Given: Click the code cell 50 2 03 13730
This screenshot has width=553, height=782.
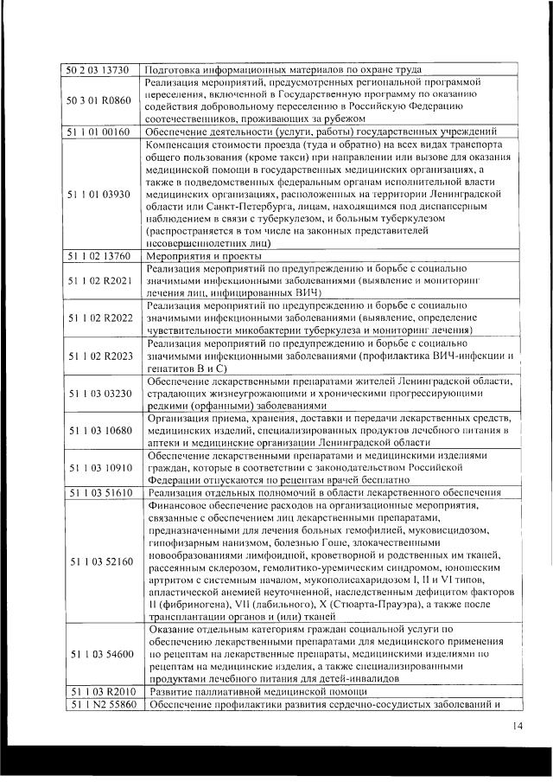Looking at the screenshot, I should click(99, 69).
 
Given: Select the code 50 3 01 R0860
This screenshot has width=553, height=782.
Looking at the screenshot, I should click(99, 100).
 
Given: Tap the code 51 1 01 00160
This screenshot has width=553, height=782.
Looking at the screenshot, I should click(99, 131).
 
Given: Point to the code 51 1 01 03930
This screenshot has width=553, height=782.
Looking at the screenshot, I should click(99, 193).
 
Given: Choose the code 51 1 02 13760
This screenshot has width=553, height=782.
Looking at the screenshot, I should click(99, 256).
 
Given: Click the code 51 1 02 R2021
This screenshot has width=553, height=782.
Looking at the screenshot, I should click(99, 281).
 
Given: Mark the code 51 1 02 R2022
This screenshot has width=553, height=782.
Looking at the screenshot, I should click(99, 318).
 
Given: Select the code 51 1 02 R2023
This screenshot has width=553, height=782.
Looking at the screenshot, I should click(99, 356).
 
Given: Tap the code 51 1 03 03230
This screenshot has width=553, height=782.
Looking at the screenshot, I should click(99, 394).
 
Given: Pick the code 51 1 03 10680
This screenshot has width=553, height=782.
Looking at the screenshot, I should click(99, 431).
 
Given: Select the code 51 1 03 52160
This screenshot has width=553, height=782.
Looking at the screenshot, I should click(99, 561).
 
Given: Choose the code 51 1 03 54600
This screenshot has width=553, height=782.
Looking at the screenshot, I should click(99, 654).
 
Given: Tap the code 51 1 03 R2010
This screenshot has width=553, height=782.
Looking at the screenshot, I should click(99, 692).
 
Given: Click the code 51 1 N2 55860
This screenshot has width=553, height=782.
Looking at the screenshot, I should click(99, 705).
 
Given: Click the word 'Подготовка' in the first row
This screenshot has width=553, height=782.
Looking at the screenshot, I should click(175, 69).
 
